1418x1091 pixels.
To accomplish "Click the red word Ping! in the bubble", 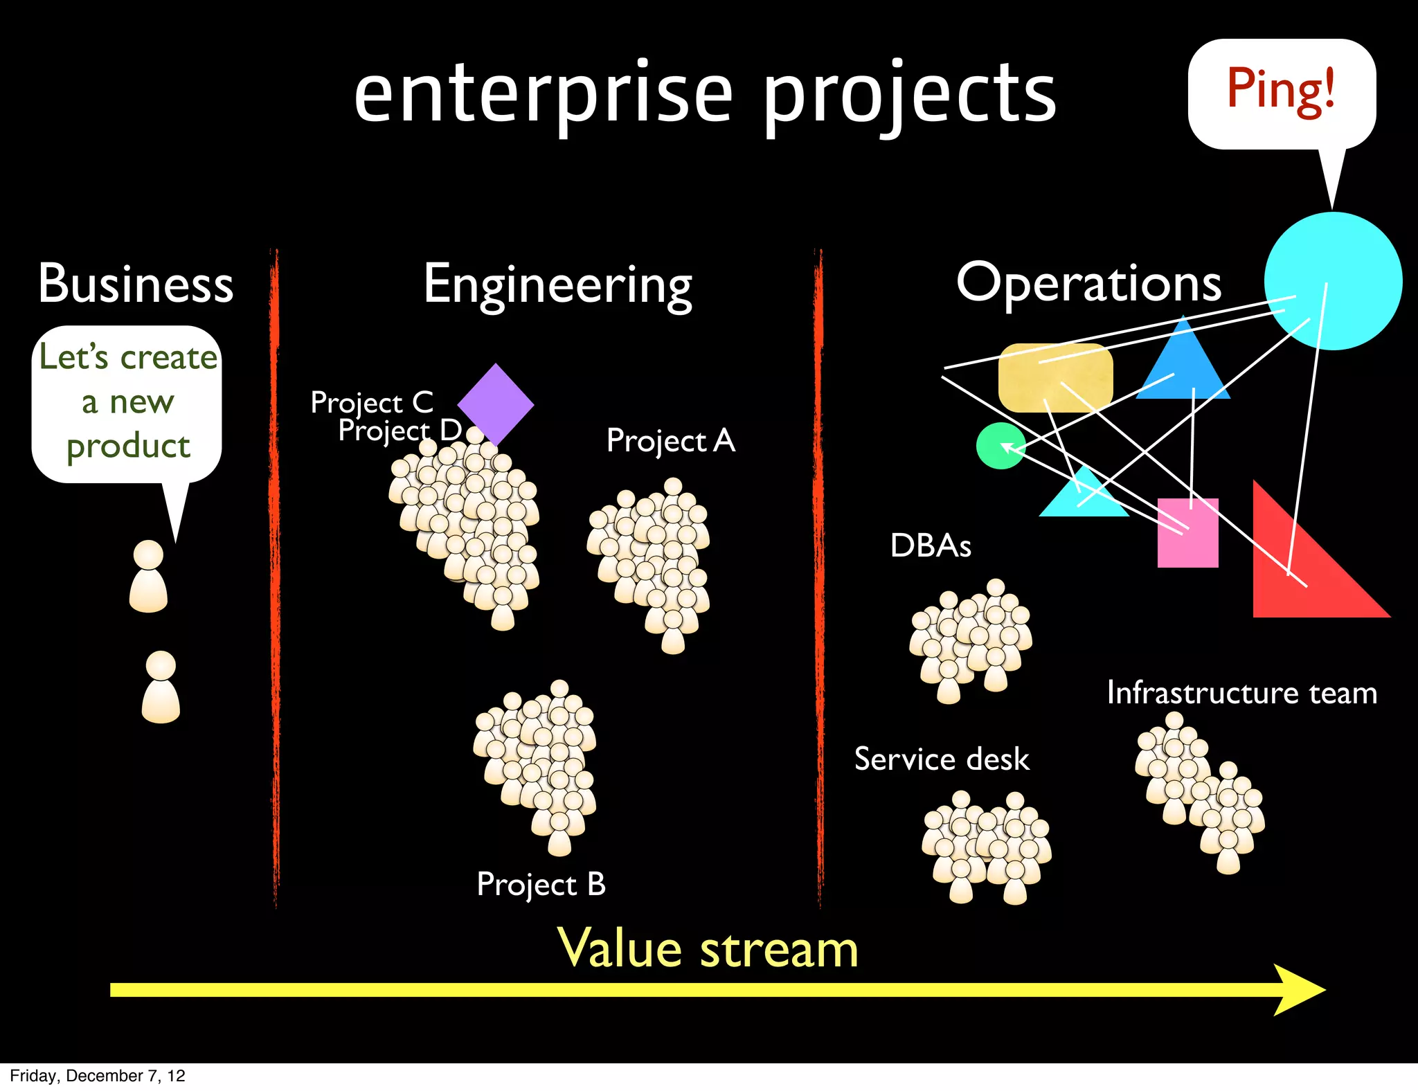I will [1281, 90].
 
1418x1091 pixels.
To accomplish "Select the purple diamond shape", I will [496, 403].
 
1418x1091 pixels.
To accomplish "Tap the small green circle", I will [1000, 447].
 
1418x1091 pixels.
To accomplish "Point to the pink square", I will [1187, 533].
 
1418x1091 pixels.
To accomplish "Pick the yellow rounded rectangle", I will [1055, 378].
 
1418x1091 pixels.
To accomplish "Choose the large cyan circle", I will [1333, 280].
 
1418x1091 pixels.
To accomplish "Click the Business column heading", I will [136, 284].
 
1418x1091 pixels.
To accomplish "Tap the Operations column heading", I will [1088, 284].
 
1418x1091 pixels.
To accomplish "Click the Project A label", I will [670, 441].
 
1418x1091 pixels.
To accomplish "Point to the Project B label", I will [541, 885].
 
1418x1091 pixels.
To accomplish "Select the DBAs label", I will [931, 545].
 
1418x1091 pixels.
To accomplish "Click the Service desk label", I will [942, 759].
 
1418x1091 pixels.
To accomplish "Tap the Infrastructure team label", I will [1241, 693].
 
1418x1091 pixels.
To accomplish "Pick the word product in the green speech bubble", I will [128, 447].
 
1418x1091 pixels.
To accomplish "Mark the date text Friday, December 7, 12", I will [98, 1076].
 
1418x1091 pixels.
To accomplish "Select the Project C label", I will [372, 402].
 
